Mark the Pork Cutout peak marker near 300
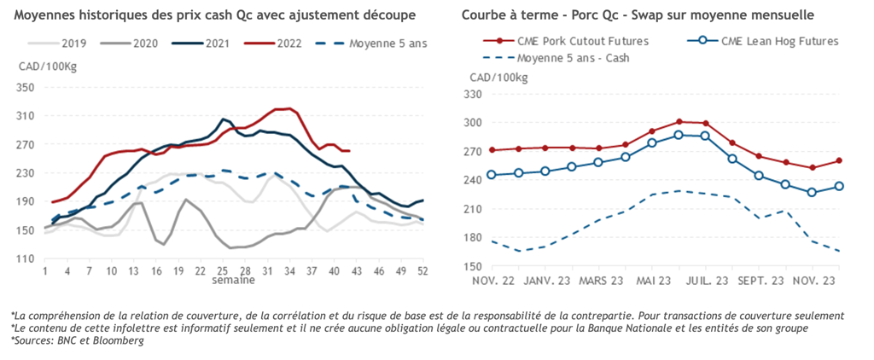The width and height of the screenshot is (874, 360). [679, 122]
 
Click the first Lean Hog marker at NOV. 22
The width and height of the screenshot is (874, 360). [492, 175]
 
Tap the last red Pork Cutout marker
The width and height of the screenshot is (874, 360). [840, 160]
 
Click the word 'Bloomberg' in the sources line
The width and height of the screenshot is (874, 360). [116, 340]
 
